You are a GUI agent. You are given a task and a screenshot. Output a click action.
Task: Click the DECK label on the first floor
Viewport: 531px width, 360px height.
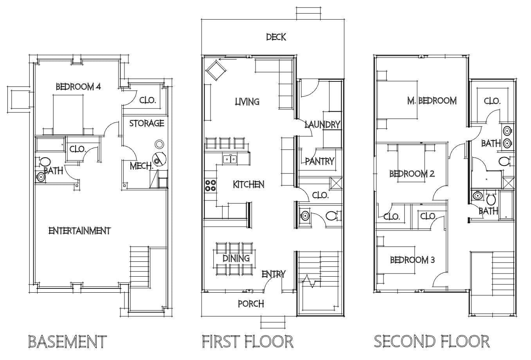(276, 37)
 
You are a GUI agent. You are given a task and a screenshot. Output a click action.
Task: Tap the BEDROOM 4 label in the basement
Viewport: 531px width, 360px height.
(78, 86)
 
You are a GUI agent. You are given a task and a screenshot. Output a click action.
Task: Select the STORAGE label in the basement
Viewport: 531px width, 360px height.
(147, 123)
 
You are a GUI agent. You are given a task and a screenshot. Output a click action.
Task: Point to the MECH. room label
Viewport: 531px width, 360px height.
(141, 166)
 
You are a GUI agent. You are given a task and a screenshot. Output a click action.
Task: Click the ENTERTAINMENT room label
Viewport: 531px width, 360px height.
(80, 231)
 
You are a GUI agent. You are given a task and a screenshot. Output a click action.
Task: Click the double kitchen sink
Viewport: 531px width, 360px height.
(230, 159)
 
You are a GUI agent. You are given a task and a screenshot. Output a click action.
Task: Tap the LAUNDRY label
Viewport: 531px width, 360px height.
(322, 124)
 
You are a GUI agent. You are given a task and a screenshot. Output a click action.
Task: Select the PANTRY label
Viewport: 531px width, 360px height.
(320, 161)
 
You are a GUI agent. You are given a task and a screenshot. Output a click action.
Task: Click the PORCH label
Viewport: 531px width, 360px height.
(251, 304)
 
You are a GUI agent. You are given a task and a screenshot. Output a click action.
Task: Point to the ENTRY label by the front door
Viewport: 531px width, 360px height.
(273, 274)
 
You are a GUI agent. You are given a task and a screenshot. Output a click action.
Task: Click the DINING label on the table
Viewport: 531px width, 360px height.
(236, 258)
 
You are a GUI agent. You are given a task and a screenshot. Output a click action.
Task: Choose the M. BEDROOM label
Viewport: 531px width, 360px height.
(432, 101)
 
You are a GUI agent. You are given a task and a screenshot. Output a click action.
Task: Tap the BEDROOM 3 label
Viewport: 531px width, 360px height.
(412, 260)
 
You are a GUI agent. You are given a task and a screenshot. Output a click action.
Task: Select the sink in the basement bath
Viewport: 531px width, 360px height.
(41, 177)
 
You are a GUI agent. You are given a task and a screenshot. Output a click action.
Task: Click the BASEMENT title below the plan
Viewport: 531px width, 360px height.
(68, 341)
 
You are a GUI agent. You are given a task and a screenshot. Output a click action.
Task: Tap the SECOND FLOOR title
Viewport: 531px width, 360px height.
(432, 341)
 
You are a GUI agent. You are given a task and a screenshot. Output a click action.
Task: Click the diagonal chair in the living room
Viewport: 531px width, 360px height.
(216, 71)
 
